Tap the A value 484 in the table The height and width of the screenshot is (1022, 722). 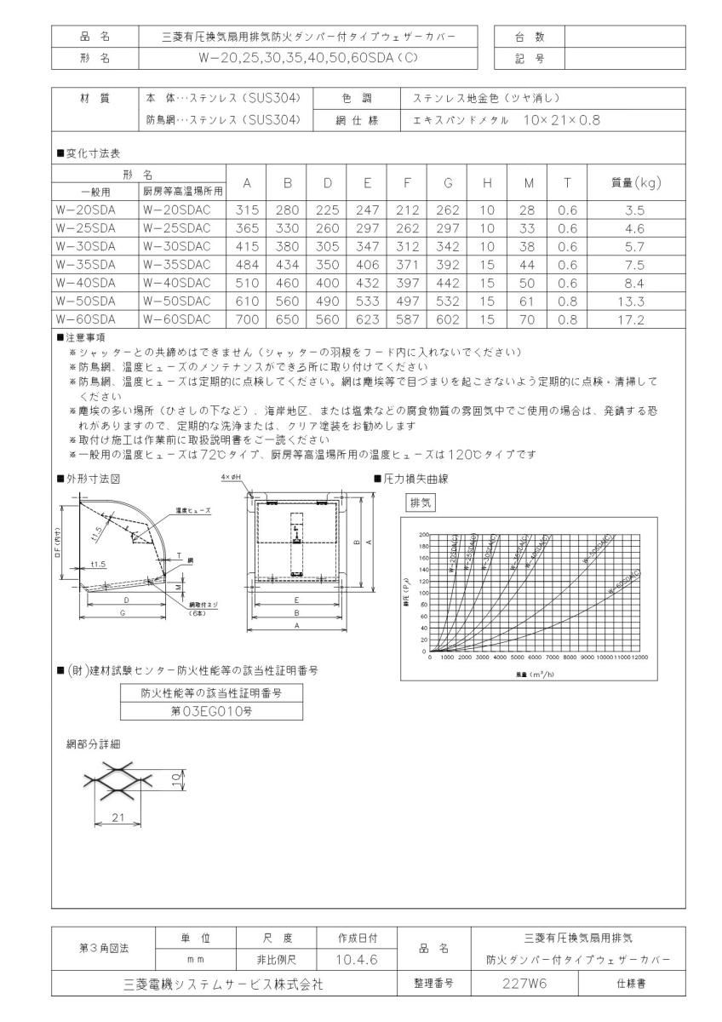click(x=246, y=265)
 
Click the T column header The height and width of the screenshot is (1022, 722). click(x=567, y=181)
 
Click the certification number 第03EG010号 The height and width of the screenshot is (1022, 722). click(x=211, y=709)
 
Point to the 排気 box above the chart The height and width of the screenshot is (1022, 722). click(x=421, y=502)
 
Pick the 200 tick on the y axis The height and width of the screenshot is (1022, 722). click(x=423, y=534)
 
